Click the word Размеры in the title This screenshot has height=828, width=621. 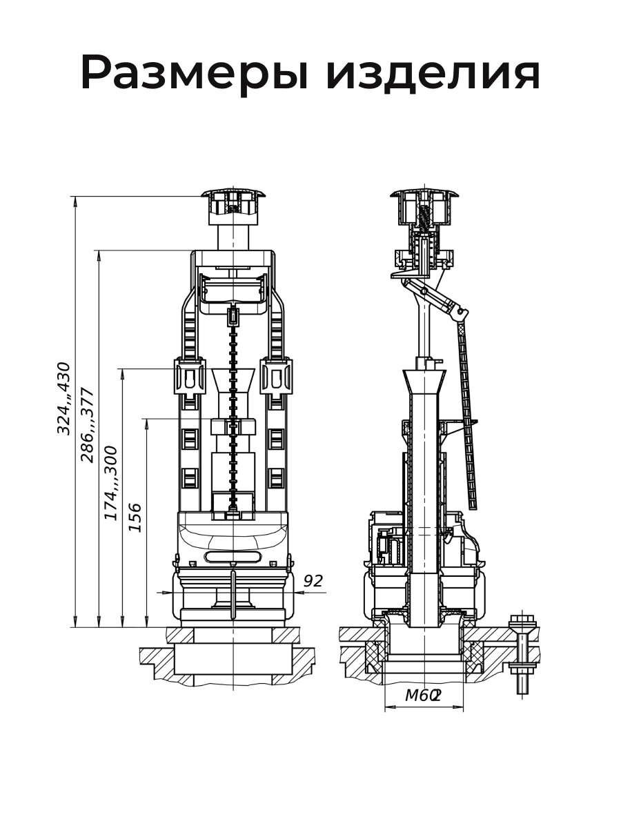[x=195, y=73]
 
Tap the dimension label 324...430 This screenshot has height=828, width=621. [x=63, y=398]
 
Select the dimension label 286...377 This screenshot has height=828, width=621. [x=87, y=425]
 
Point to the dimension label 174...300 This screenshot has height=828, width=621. [x=111, y=483]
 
